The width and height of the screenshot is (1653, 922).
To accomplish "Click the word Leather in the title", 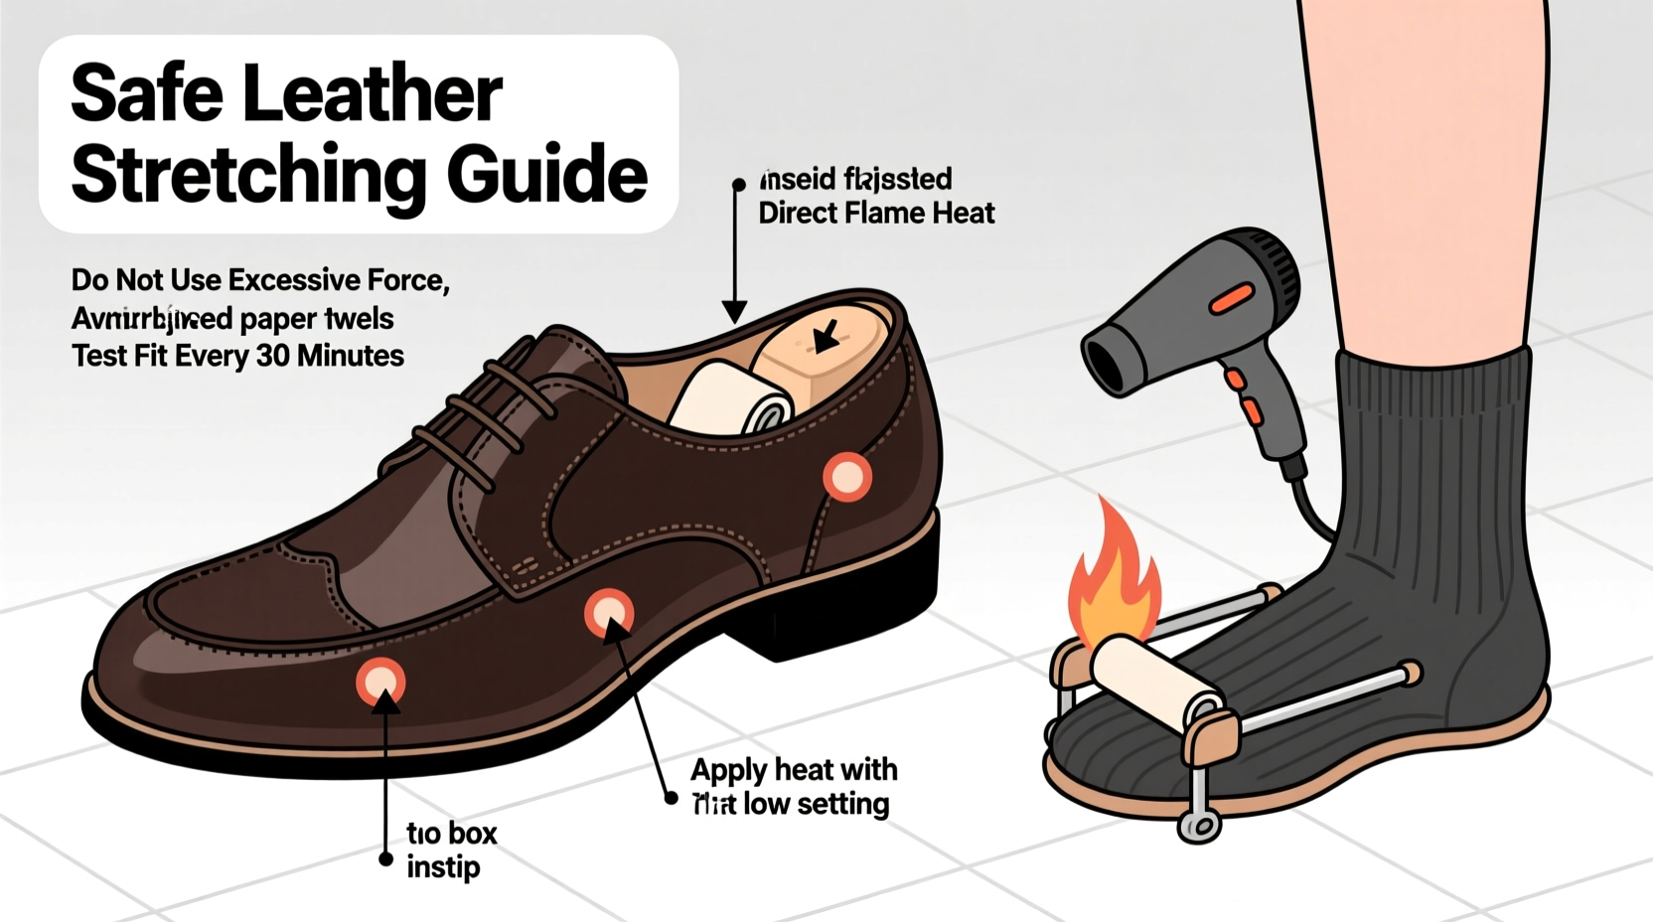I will tap(372, 94).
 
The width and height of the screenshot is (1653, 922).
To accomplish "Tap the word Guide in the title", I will tap(546, 175).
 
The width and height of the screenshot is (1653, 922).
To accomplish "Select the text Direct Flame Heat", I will tap(876, 214).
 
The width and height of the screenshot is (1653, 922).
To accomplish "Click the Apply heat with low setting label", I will tap(793, 786).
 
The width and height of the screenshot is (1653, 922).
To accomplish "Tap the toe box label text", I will tap(451, 833).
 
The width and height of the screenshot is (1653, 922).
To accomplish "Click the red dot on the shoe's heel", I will tap(847, 477).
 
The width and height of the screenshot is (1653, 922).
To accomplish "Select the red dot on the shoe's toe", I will tap(380, 681).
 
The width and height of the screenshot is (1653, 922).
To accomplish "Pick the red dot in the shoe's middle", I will tap(608, 613).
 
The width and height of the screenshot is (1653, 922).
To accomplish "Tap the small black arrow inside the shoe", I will tap(825, 337).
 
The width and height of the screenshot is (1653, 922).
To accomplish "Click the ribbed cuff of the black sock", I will tap(1430, 397).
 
